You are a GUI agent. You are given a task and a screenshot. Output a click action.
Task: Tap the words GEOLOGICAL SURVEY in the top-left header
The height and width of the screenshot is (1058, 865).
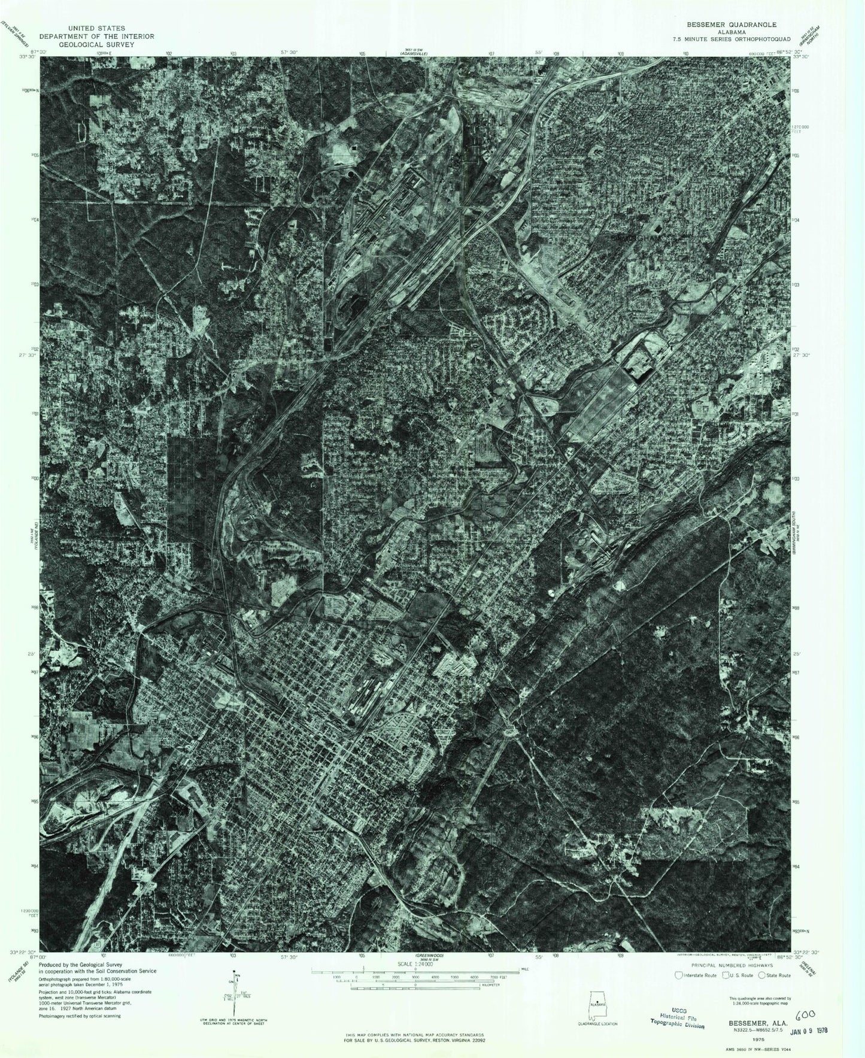click(x=96, y=44)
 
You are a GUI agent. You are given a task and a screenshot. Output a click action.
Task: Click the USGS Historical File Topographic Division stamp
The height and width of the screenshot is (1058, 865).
click(x=677, y=1019)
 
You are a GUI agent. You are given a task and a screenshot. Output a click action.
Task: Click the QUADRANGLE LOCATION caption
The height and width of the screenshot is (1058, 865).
click(x=597, y=1023)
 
